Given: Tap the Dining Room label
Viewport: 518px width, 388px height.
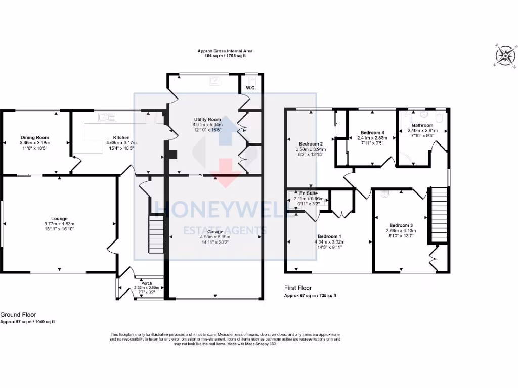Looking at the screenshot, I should (x=34, y=137).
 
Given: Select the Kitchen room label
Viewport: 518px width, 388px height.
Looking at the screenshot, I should (x=121, y=137).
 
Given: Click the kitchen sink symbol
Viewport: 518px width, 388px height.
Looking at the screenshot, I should (x=107, y=118).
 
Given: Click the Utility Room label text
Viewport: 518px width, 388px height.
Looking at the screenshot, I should (x=205, y=119).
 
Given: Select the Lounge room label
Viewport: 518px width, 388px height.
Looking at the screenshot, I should (x=59, y=219).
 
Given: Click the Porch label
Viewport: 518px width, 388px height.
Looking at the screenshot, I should (x=147, y=283).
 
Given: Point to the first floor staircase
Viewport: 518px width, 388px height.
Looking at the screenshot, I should (x=439, y=215).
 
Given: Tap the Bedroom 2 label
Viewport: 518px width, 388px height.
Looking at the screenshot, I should (x=311, y=144).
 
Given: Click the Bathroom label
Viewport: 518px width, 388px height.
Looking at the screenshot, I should (x=422, y=125).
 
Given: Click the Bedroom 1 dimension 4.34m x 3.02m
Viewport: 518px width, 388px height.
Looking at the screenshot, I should (x=329, y=242).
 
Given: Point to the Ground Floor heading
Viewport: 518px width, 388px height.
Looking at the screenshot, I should (x=18, y=314).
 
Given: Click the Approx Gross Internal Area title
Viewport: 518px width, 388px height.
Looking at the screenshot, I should (x=225, y=51).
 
